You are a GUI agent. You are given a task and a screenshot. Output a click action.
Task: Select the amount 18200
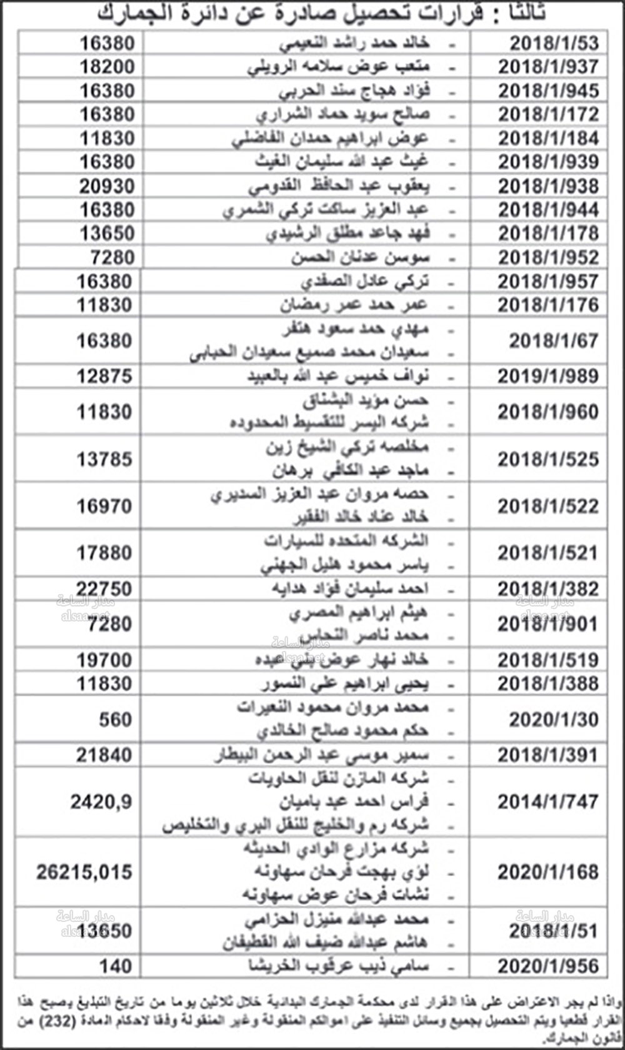point(107,67)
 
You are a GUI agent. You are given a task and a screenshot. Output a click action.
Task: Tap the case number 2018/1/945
point(548,91)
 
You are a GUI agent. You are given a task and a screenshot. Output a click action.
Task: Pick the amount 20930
point(107,186)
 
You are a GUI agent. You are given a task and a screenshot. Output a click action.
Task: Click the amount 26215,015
point(84,872)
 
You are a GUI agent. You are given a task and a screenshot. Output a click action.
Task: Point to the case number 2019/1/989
point(547,376)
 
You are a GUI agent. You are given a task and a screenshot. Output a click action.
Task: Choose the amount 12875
point(104,376)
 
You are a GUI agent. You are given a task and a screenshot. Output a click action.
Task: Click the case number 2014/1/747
point(547,802)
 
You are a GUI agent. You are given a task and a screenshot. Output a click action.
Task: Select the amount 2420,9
point(101,802)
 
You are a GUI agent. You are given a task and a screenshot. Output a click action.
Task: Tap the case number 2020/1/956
point(547,966)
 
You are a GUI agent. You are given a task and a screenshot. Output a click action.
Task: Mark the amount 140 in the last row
point(116,966)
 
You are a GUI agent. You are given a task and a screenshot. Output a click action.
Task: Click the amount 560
point(116,720)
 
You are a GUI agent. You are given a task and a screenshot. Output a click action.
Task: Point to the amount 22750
point(104,589)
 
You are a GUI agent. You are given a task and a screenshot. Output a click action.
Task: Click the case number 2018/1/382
point(547,589)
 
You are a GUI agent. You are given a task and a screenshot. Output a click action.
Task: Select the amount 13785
point(104,460)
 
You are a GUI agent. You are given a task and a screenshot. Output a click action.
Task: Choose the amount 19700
point(104,660)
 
